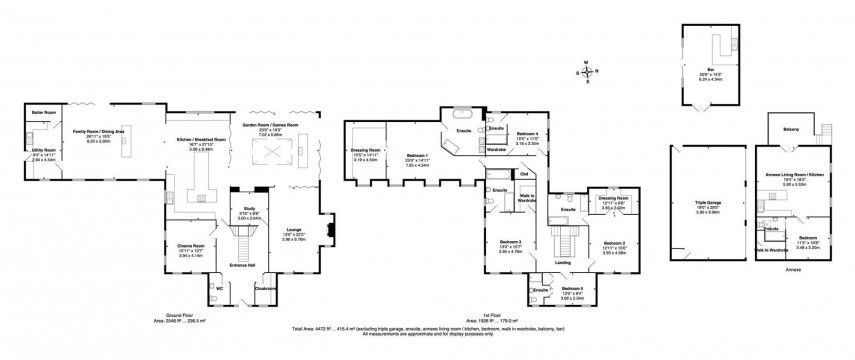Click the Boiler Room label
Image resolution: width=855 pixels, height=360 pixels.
point(43,112)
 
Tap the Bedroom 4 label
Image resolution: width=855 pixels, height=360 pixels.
point(527,134)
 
